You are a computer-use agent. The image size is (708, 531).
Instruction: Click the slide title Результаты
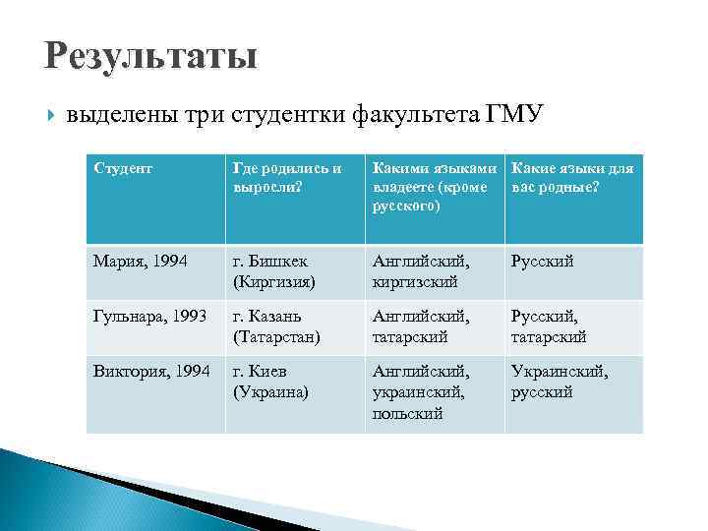[x=150, y=55]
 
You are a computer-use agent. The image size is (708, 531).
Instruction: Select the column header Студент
[x=123, y=168]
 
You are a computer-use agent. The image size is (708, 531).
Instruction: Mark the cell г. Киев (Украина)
[x=270, y=382]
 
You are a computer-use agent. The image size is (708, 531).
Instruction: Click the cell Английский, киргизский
[x=421, y=271]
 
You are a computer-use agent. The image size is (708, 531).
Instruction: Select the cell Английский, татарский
[x=421, y=326]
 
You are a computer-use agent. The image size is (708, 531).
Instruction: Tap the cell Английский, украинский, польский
[x=421, y=391]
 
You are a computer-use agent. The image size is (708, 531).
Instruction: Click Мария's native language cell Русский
[x=542, y=262]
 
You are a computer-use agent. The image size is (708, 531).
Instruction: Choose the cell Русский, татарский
[x=549, y=326]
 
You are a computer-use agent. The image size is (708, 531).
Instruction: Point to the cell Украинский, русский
[x=559, y=382]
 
